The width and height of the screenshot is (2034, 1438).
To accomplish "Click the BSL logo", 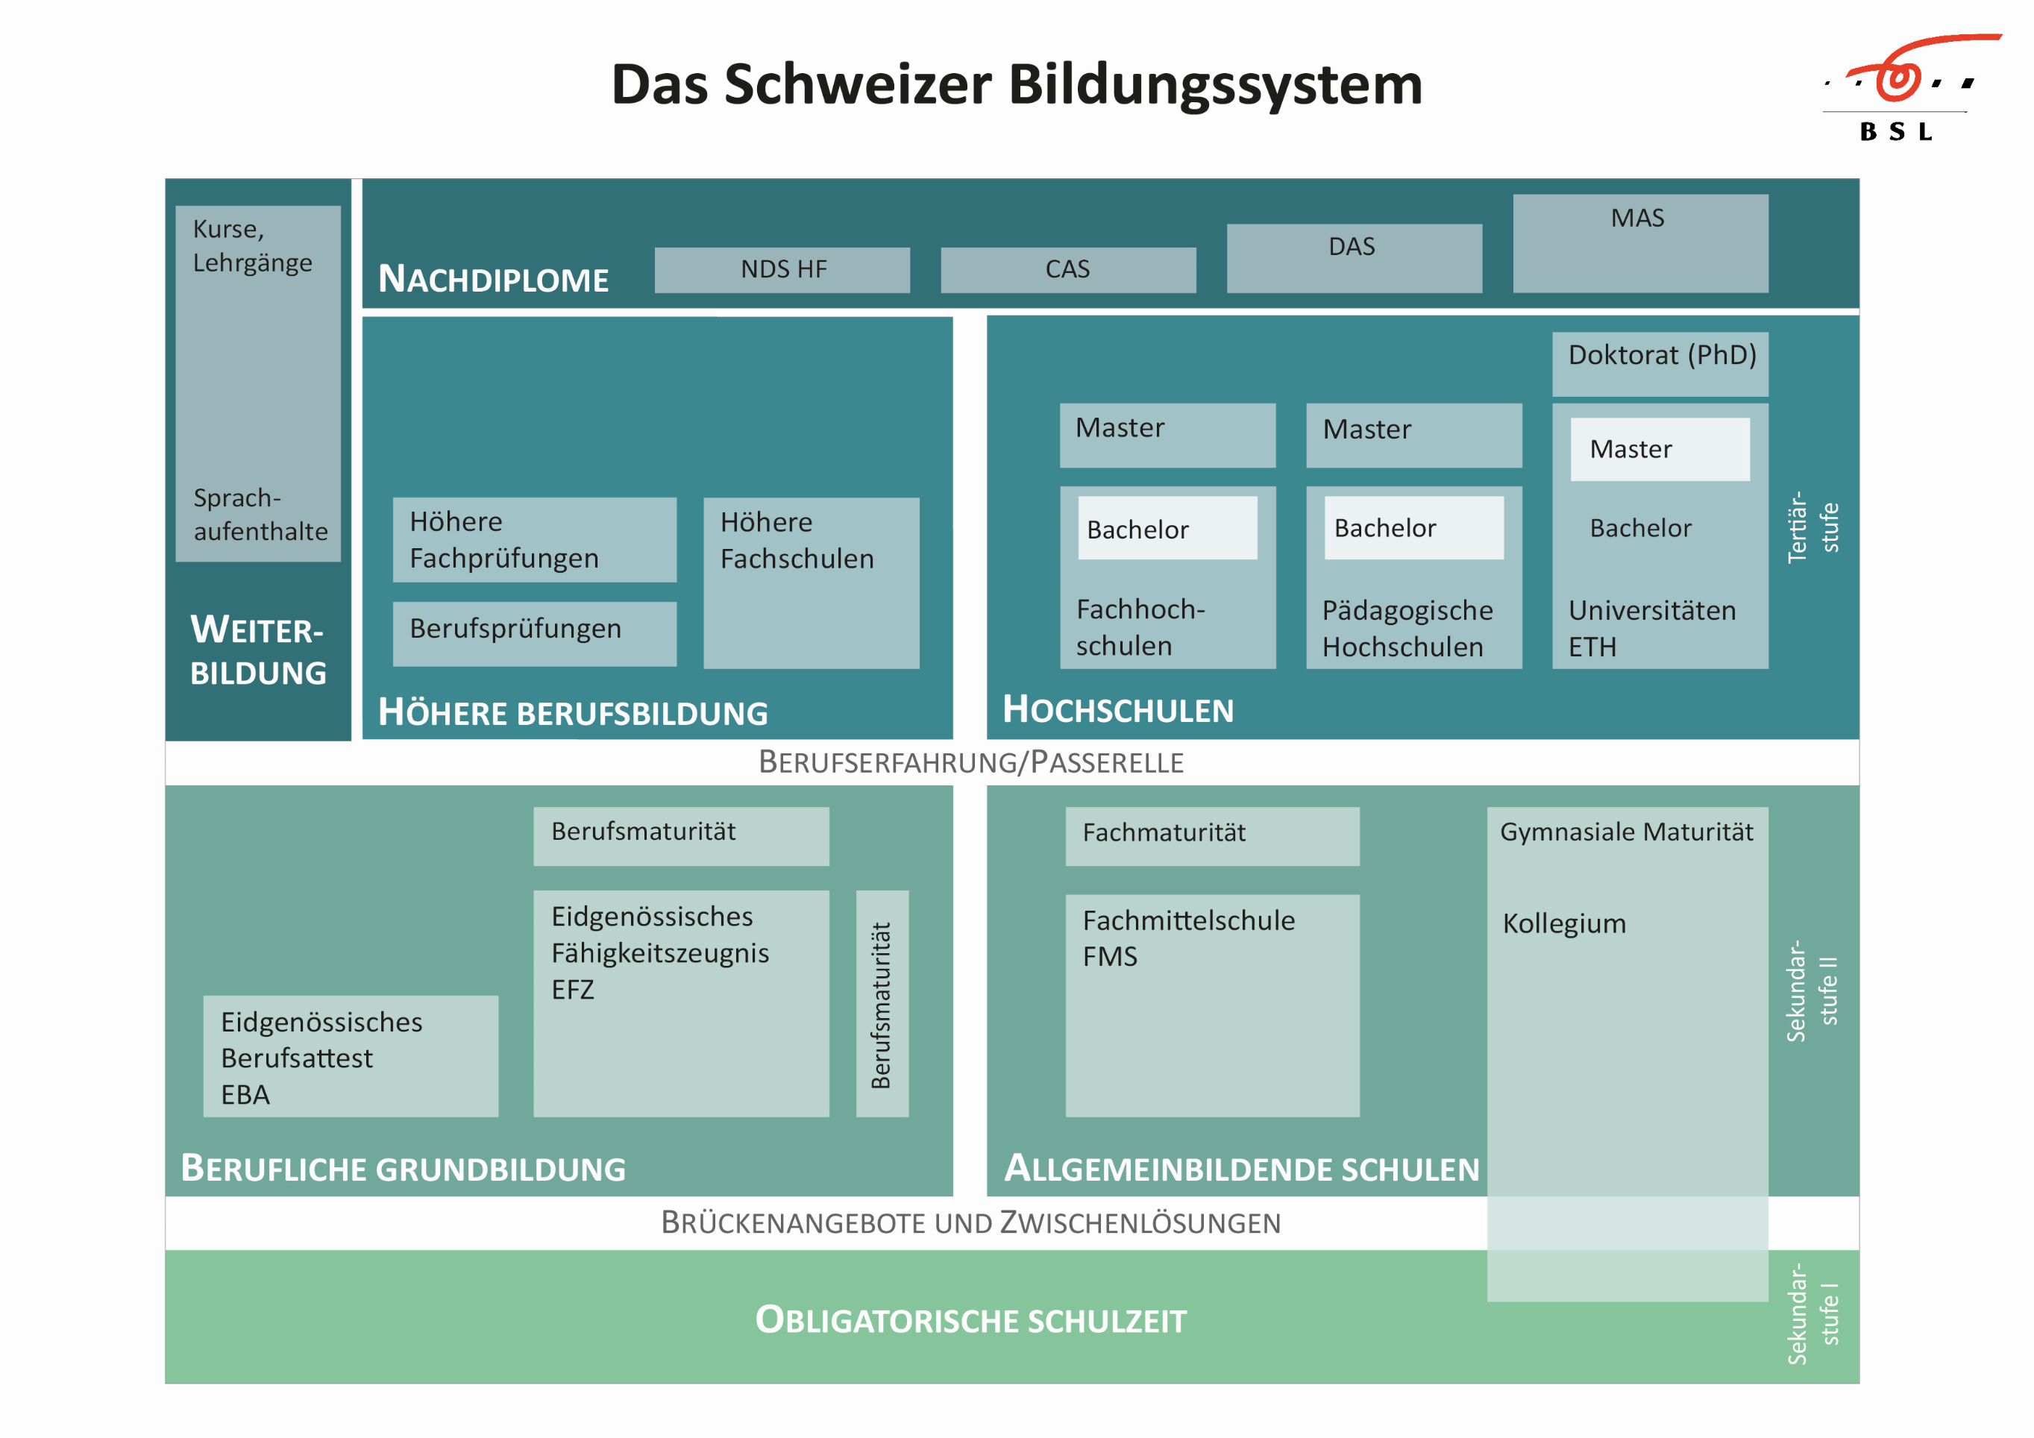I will (1905, 89).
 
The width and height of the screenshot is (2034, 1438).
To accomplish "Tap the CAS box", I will (1067, 269).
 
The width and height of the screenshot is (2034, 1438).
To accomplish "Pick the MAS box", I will (1639, 242).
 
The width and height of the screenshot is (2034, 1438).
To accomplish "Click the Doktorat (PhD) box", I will (1660, 363).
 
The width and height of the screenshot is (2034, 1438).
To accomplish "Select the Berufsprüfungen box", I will (534, 632).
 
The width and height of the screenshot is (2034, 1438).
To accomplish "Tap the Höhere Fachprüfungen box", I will (534, 539).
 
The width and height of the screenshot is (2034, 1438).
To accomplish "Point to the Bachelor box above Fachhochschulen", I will (1167, 528).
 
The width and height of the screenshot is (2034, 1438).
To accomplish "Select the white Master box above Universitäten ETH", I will (1660, 449).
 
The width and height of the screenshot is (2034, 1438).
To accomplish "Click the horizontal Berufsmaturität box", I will (680, 835).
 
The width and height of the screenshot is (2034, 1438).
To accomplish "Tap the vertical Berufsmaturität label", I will (882, 1003).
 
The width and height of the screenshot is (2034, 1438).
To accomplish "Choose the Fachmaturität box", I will (1211, 835).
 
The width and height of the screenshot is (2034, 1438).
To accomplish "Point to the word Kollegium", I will (1563, 923).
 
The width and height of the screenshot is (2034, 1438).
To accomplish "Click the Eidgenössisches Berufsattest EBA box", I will (350, 1055).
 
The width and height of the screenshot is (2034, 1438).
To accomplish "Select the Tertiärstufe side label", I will (1812, 527).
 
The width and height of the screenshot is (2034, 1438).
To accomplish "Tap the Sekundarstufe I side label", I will (1812, 1313).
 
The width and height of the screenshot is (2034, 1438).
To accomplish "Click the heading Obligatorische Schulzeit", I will (970, 1320).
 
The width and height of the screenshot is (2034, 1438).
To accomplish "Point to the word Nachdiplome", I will (494, 280).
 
